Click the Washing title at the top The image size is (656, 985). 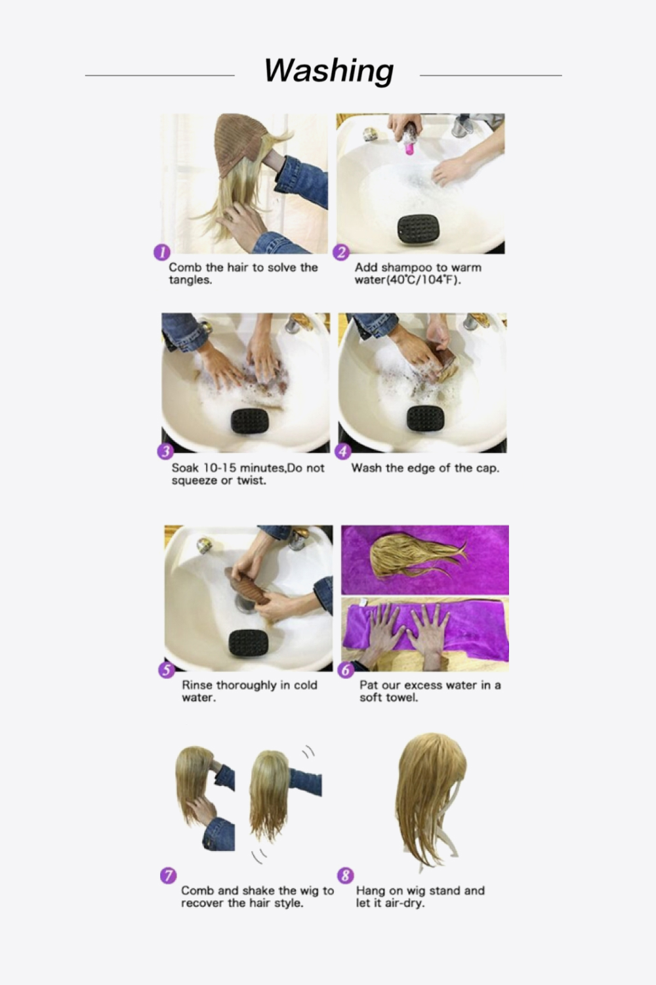coord(329,70)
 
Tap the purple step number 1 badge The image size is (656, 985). coord(161,252)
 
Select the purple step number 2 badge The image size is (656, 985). coord(341,252)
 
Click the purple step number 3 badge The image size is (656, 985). coord(165,451)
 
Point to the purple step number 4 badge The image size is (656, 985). coord(343,451)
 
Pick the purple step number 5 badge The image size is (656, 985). coord(167,670)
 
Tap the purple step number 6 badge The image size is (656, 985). coord(346,670)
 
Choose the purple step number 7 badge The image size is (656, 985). coord(168,875)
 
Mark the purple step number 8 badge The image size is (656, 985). coord(345,875)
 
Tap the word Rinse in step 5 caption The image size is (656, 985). coord(197,685)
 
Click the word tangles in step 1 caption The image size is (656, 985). coord(190,280)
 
